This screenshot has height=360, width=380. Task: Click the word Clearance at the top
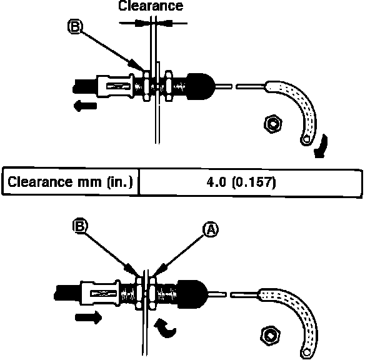152,6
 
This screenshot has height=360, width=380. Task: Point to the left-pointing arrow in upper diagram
84,107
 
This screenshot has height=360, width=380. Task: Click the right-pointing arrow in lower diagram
88,318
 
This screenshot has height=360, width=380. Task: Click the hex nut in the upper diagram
272,124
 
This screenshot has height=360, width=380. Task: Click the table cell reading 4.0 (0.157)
250,183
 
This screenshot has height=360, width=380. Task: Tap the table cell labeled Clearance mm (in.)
70,183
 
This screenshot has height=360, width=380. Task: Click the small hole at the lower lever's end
308,353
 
